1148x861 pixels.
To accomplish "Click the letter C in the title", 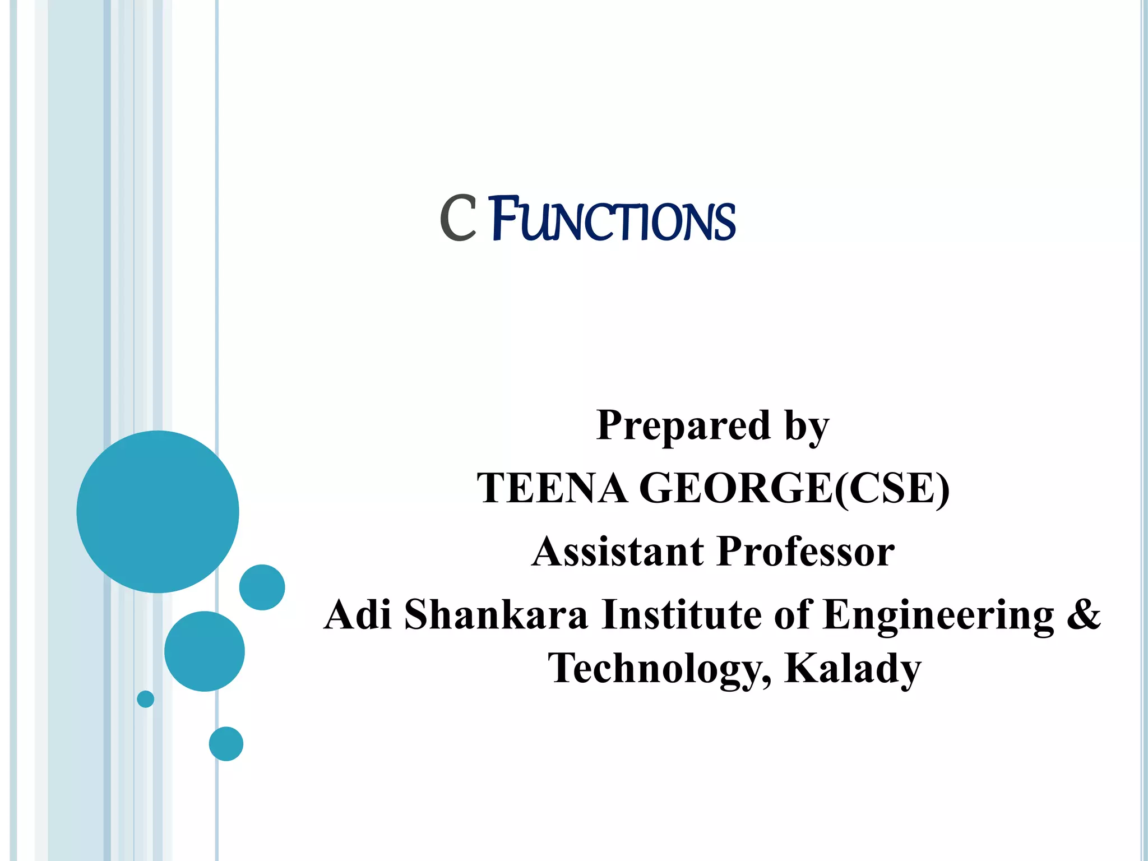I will pyautogui.click(x=458, y=219).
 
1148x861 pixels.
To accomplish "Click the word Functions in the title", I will pyautogui.click(x=613, y=220).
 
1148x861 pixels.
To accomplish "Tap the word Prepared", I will pyautogui.click(x=683, y=425).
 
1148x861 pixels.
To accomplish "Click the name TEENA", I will pyautogui.click(x=552, y=488).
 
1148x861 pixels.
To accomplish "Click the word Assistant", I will pyautogui.click(x=617, y=552).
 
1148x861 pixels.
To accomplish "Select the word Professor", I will pyautogui.click(x=806, y=552).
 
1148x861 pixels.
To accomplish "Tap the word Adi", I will pyautogui.click(x=358, y=614).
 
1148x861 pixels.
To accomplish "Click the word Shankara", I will pyautogui.click(x=496, y=614).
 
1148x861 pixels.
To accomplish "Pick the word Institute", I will pyautogui.click(x=681, y=614).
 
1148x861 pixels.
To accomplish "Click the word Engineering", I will pyautogui.click(x=938, y=615).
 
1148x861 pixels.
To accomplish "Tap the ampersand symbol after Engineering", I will pyautogui.click(x=1084, y=614).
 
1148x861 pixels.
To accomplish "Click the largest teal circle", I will pyautogui.click(x=158, y=511).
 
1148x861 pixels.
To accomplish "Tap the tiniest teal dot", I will pyautogui.click(x=145, y=699).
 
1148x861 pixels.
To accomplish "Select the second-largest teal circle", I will pyautogui.click(x=205, y=651).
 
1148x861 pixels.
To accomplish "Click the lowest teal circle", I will pyautogui.click(x=226, y=743).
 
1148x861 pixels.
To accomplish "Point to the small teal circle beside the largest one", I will pyautogui.click(x=262, y=587).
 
